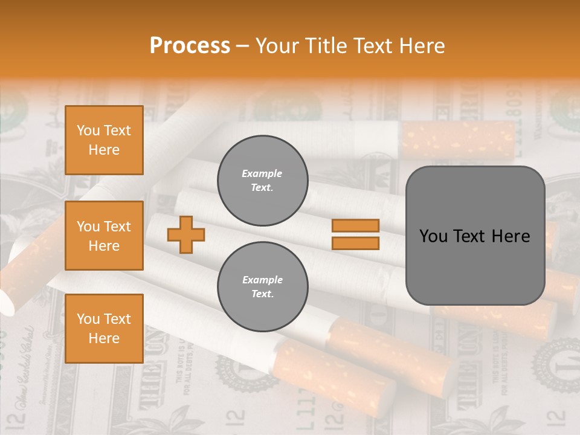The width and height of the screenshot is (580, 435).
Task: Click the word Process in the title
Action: [x=190, y=46]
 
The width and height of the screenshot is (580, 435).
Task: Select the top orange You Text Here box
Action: [x=104, y=140]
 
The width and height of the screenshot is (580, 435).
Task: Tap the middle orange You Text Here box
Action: [x=104, y=236]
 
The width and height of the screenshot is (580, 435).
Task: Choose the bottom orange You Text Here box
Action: [x=104, y=328]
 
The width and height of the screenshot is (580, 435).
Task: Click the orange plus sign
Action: [x=186, y=234]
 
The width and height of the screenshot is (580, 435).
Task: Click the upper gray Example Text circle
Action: [x=262, y=181]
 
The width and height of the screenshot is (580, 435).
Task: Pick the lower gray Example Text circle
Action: [x=262, y=287]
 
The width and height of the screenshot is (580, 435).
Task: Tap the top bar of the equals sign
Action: [x=355, y=225]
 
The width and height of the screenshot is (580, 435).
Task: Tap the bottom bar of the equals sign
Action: [x=355, y=243]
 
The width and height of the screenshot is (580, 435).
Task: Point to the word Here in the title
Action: [x=421, y=46]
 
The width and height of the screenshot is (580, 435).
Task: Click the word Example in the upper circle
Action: [x=262, y=174]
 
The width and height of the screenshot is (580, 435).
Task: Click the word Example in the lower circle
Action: [x=262, y=280]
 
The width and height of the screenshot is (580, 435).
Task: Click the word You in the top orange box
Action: [x=88, y=130]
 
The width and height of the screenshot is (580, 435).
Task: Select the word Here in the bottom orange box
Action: [x=104, y=338]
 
